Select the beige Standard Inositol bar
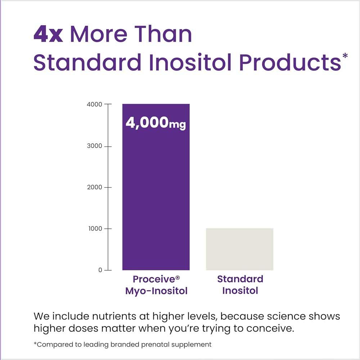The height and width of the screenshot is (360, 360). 239,249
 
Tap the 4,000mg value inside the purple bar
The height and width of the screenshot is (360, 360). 156,123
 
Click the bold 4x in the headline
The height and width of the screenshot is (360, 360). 48,35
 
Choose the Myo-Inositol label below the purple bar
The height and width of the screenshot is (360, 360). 156,291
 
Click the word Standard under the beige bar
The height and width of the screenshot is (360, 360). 240,279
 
